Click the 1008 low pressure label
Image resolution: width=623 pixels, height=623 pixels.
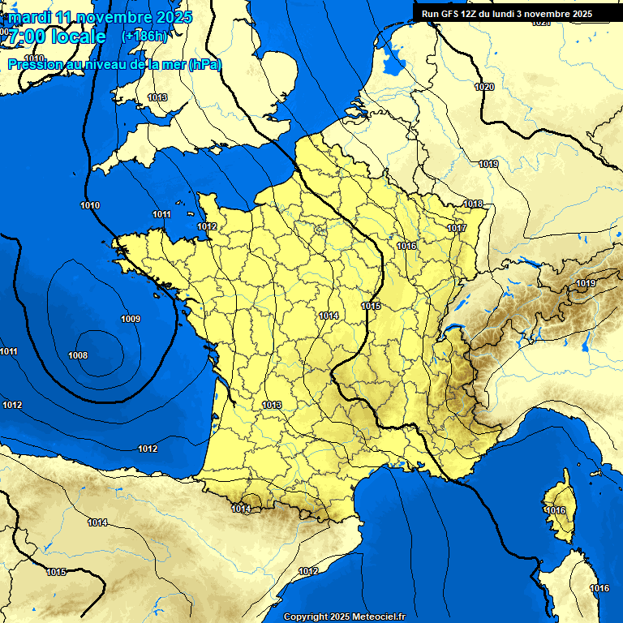pos(78,355)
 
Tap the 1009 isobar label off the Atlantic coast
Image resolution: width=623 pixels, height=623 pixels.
pos(130,319)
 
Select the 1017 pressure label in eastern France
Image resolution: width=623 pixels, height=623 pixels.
pos(457,228)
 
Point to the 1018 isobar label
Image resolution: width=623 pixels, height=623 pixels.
pos(474,204)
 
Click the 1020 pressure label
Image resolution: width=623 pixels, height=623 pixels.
pos(484,87)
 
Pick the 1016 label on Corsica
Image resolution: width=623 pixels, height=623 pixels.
pos(556,510)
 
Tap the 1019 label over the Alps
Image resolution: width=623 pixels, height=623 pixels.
pos(586,283)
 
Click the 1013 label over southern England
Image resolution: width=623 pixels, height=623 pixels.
pos(157,97)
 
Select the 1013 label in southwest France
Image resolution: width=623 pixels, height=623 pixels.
pos(272,405)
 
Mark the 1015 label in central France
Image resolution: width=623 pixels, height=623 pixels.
pos(372,306)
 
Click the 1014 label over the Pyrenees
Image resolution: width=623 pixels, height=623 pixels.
pos(240,509)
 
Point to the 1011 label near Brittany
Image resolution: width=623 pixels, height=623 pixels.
pos(161,214)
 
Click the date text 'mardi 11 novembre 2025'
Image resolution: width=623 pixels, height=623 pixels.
pos(100,17)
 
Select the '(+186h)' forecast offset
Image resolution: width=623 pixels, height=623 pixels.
pos(144,37)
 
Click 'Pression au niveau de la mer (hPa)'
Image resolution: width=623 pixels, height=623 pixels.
pos(114,64)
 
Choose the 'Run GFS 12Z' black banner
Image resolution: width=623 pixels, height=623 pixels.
pos(507,14)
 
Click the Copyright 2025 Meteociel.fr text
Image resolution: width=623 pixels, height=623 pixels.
pos(344,617)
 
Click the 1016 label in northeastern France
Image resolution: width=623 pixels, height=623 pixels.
pos(406,246)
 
